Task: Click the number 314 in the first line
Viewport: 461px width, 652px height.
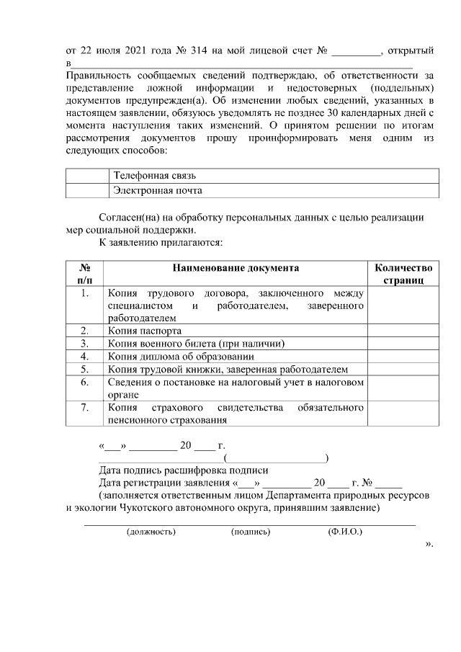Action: tap(197, 51)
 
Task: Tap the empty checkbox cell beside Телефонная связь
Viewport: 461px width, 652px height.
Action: tap(87, 176)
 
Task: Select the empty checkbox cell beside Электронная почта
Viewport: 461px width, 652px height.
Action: tap(87, 191)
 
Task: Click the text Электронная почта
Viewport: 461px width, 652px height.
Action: tap(157, 191)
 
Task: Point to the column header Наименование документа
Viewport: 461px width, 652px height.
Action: tap(236, 267)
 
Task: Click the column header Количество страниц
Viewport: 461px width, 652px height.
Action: tap(403, 274)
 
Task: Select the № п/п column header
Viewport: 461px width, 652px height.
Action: tap(84, 274)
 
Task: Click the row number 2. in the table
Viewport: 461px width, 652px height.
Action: tap(84, 331)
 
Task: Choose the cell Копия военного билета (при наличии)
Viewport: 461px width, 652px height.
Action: tap(197, 343)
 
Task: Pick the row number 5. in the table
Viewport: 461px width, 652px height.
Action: tap(84, 369)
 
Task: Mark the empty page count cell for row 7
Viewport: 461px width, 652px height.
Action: tap(403, 414)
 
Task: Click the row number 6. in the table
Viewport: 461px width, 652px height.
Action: tap(84, 382)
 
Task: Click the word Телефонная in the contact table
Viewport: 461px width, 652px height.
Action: tap(140, 176)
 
